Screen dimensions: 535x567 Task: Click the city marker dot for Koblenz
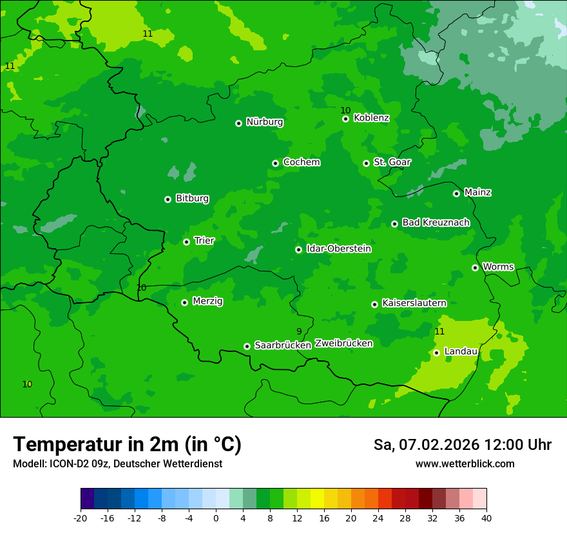tap(346, 119)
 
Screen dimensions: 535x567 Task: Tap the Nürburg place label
tap(264, 122)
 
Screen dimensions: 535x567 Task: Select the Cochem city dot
tap(276, 163)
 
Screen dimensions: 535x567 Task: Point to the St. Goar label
tap(392, 162)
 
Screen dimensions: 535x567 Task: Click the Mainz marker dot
tap(457, 193)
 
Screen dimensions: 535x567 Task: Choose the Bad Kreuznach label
tap(436, 222)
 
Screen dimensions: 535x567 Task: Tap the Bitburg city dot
tap(168, 199)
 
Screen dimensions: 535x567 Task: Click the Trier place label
tap(204, 240)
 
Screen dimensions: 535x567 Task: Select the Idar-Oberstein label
tap(338, 249)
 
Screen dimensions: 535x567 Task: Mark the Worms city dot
tap(476, 267)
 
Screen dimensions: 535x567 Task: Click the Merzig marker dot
tap(185, 302)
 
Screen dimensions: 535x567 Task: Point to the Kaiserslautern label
tap(414, 303)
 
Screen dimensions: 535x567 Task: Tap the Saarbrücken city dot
tap(247, 346)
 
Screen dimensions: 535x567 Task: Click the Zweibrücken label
tap(343, 344)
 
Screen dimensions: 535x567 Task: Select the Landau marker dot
tap(437, 353)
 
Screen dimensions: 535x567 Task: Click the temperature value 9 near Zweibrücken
tap(299, 331)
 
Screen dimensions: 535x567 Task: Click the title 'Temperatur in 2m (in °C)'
tap(127, 444)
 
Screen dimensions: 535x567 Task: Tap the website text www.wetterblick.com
tap(465, 463)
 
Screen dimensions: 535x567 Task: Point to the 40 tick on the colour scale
tap(486, 518)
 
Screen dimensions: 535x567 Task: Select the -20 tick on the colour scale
tap(81, 518)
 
